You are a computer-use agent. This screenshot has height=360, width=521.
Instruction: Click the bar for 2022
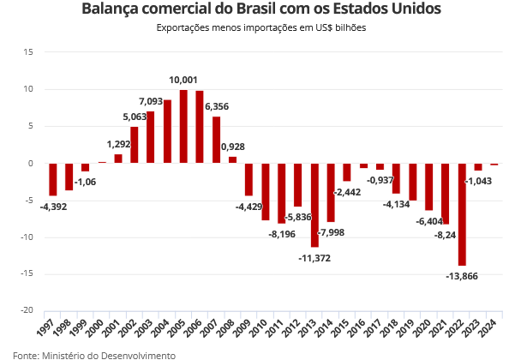462,214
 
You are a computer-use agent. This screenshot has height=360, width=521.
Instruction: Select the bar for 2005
183,126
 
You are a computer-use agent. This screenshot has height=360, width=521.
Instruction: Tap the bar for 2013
314,205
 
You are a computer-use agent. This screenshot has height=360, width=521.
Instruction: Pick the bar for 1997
53,179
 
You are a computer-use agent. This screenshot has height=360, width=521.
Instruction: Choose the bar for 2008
232,159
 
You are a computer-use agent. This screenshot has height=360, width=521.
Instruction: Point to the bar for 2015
347,172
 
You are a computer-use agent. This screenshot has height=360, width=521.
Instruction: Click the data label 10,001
183,80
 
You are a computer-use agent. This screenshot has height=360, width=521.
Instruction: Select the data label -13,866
462,276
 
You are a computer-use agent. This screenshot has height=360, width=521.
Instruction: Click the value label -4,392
53,206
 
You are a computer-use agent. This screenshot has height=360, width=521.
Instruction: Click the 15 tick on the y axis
27,52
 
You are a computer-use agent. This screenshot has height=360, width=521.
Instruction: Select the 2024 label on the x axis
489,330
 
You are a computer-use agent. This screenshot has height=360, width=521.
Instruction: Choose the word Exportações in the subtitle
183,28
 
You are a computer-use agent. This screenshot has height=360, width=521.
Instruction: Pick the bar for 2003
151,137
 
